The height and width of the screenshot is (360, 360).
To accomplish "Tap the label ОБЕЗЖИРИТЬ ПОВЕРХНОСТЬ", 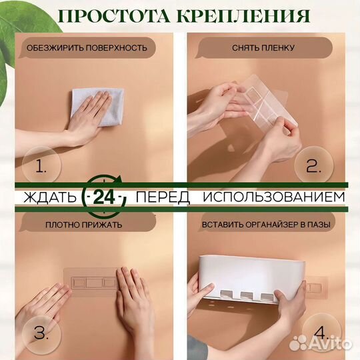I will pos(86,48).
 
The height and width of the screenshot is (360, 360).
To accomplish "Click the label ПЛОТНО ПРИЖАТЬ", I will pos(84,225).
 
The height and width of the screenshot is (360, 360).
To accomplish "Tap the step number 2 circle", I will pos(313,167).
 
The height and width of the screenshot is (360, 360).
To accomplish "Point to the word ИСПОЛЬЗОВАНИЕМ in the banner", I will pos(274,197).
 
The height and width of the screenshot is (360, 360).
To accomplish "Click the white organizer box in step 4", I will pos(247,273).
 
